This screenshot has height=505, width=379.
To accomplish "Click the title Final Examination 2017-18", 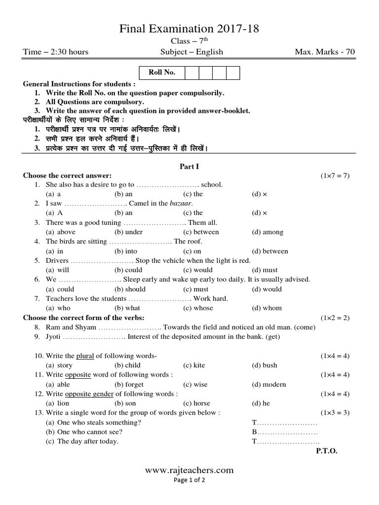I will [x=190, y=30].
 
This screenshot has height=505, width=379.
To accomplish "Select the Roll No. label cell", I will [x=162, y=73].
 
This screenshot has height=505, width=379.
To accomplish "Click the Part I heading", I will [x=189, y=167].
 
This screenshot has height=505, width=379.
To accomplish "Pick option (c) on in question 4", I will [x=193, y=251].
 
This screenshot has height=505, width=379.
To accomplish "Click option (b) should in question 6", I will [x=130, y=289].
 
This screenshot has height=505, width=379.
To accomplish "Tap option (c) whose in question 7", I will [x=198, y=308].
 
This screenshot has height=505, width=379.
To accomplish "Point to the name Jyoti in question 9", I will [x=54, y=336].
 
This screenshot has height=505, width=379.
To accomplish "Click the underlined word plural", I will [x=85, y=356].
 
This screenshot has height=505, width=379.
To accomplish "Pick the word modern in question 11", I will [x=275, y=384].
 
